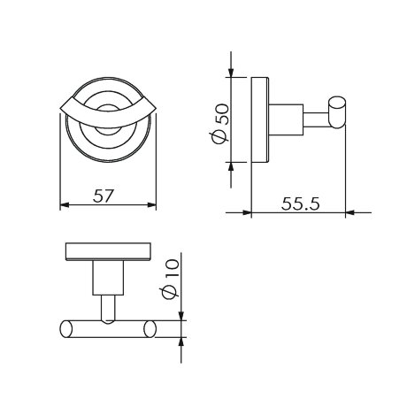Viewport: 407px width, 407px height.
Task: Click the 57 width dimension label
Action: tap(104, 196)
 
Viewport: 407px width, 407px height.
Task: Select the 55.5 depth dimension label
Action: tap(300, 203)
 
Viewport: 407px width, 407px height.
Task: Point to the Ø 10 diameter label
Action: tap(171, 279)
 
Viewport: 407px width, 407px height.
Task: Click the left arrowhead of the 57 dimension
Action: tap(65, 204)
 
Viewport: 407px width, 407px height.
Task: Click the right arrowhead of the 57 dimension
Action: tap(151, 204)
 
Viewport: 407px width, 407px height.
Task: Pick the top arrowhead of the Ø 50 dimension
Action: tap(231, 73)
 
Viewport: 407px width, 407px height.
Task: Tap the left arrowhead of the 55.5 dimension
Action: tap(247, 212)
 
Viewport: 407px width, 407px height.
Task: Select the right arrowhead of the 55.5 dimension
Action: tap(350, 212)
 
